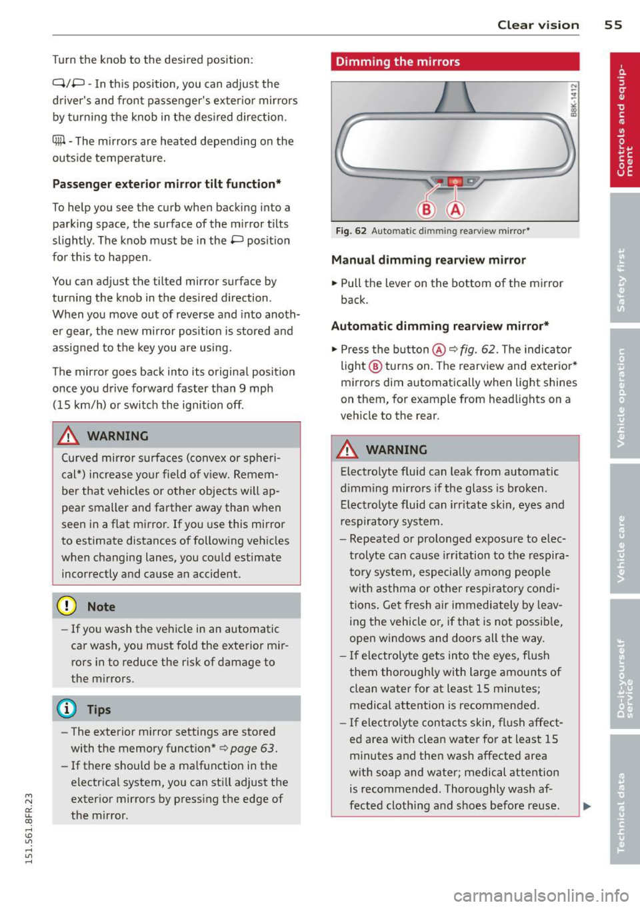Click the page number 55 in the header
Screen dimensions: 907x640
pos(613,25)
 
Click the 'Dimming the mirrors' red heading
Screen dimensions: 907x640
pos(398,62)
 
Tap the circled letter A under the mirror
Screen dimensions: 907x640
pos(455,210)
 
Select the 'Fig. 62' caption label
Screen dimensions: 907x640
pos(351,231)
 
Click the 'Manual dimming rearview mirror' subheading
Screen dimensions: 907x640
pos(428,260)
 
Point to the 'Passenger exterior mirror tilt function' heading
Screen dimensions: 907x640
pos(166,184)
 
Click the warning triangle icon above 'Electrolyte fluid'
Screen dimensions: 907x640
pos(347,450)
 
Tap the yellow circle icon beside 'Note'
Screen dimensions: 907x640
pos(67,606)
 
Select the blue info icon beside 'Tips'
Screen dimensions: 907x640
pos(67,709)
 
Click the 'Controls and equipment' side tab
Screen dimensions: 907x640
pos(625,120)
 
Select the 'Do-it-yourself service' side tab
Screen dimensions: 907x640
pos(625,663)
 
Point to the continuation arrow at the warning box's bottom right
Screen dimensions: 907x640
pos(587,806)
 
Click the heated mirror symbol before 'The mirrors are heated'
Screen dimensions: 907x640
pos(59,141)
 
